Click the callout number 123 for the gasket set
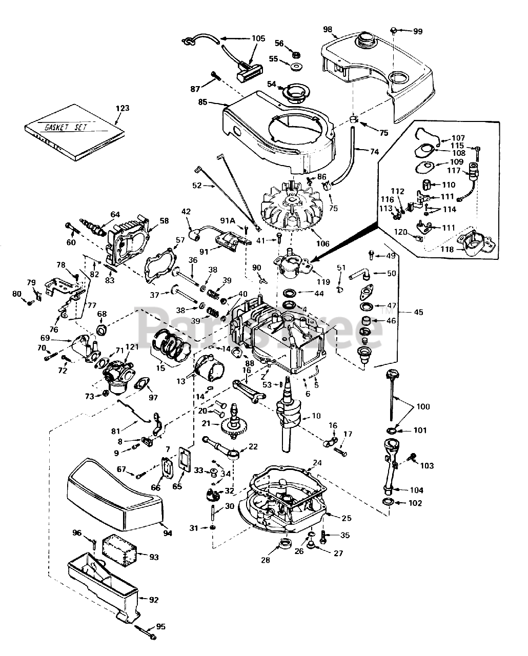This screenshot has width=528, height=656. pos(123,108)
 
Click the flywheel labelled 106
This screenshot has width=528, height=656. pos(290,210)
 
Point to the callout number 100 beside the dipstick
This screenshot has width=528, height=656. pos(423,406)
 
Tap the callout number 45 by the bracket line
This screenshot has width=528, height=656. pos(419,312)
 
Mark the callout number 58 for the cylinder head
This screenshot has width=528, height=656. pos(164,220)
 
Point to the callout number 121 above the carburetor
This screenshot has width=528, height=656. pos(132,347)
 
